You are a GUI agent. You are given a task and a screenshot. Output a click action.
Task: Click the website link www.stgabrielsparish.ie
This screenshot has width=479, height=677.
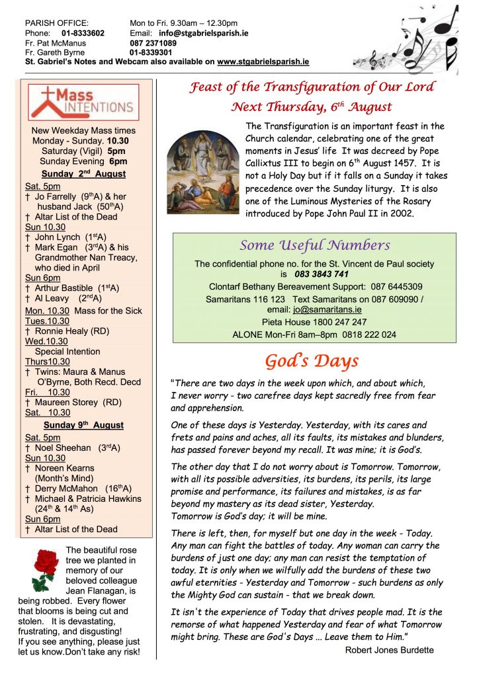point(263,61)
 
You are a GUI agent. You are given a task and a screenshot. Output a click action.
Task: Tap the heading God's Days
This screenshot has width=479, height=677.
point(312,361)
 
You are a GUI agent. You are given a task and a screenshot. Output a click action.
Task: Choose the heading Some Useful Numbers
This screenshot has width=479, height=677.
point(314,245)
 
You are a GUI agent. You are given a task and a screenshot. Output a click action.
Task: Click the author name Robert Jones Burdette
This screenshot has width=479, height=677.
point(389,650)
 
